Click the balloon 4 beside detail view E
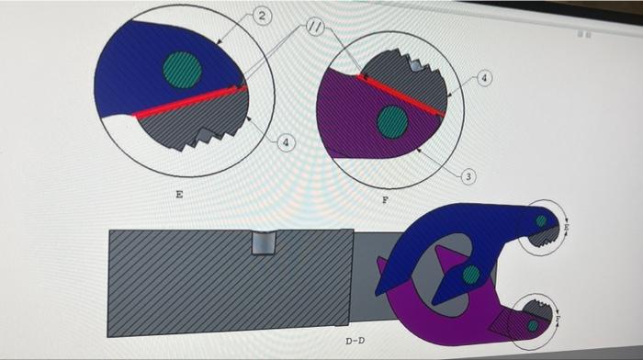[x=287, y=142]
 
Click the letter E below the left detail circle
[x=178, y=195]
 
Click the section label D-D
[x=355, y=340]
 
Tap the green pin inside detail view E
[x=182, y=69]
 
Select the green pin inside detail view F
[x=392, y=120]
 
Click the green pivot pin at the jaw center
[x=470, y=275]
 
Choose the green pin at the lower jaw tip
[x=533, y=325]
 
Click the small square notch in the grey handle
[x=263, y=242]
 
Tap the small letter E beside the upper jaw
[x=568, y=226]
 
